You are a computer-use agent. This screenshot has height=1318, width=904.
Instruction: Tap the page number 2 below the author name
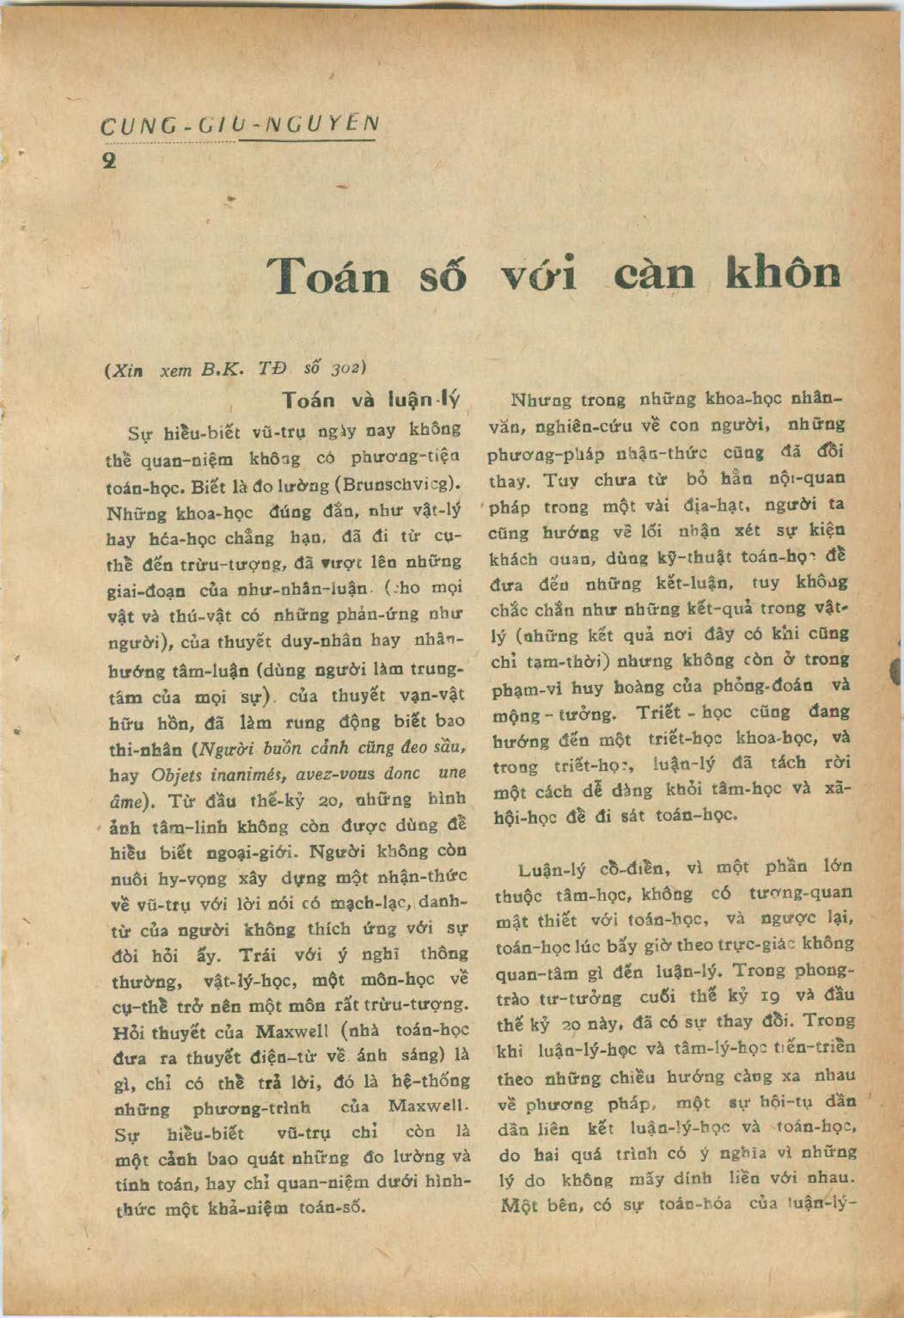109,161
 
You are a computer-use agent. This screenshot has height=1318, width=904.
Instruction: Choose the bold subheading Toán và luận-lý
371,401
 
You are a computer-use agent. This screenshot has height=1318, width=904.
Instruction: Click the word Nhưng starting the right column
541,401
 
